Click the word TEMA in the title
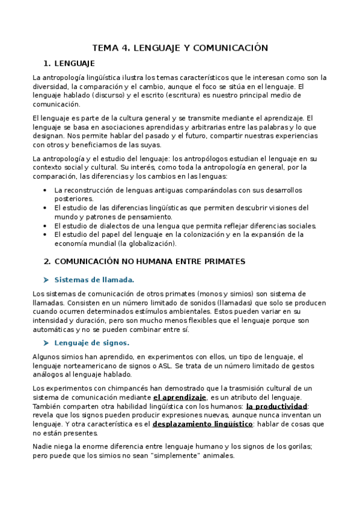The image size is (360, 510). [x=104, y=48]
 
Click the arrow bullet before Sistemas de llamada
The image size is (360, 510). [x=46, y=280]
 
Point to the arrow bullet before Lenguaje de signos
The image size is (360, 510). [x=46, y=343]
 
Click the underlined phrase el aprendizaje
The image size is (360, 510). [x=180, y=398]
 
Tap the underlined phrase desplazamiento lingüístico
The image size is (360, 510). [x=203, y=424]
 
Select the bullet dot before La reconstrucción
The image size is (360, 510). [x=46, y=190]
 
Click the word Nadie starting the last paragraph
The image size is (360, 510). [x=43, y=446]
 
